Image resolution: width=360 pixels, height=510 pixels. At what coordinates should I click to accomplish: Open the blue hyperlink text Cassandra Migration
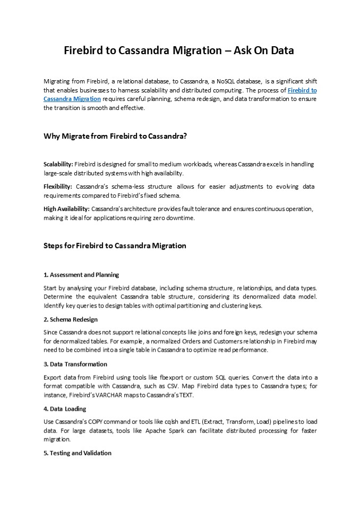(x=72, y=99)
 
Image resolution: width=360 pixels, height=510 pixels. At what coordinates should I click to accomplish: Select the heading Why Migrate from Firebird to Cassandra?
(x=115, y=136)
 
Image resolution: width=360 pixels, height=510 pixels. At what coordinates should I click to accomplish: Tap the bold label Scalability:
(x=58, y=165)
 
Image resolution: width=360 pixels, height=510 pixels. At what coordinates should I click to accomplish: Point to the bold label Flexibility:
(x=57, y=186)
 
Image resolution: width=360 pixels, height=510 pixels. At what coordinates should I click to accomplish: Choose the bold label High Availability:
(x=66, y=209)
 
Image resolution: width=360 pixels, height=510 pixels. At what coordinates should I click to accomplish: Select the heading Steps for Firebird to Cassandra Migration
(x=114, y=245)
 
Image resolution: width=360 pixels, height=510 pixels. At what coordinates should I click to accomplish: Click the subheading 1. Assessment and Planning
(x=81, y=275)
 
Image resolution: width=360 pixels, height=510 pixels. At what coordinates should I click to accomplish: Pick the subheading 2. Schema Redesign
(x=70, y=319)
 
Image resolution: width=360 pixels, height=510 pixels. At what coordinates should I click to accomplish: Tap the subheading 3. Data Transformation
(x=75, y=364)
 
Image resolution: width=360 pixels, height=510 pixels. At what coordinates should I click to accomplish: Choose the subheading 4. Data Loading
(x=65, y=409)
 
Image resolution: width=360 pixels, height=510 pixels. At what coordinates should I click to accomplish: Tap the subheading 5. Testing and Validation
(x=77, y=453)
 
